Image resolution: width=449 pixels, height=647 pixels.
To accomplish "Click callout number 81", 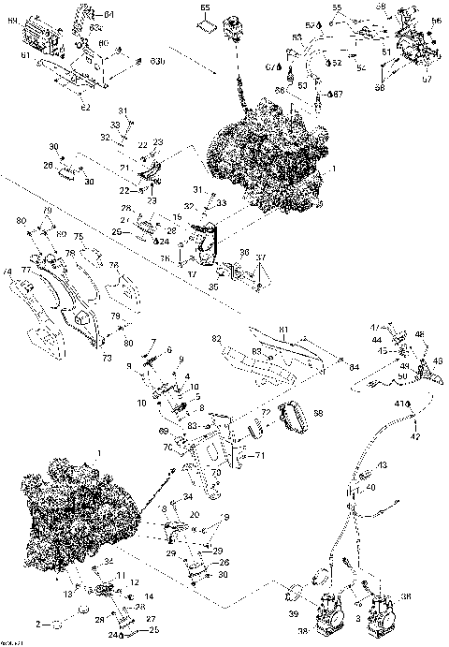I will (x=285, y=329).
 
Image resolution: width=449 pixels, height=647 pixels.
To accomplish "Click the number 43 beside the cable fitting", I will (x=383, y=465).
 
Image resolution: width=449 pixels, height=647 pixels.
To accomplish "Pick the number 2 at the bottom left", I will (x=38, y=624).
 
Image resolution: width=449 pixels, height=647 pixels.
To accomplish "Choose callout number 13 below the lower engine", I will (x=67, y=594).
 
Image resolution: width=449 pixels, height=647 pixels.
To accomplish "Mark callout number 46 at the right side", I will (x=419, y=333).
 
